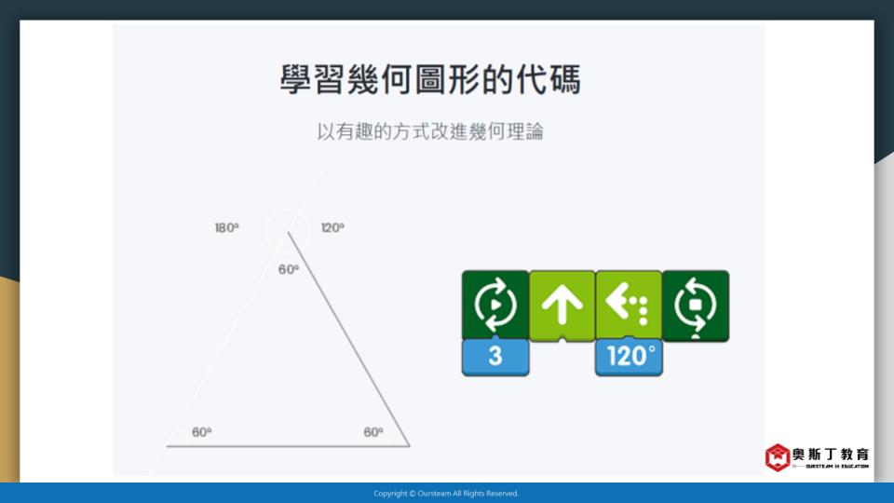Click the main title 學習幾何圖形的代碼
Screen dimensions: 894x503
(x=430, y=79)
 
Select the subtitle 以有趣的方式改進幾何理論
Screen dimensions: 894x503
(x=430, y=131)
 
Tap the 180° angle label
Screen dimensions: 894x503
(x=227, y=227)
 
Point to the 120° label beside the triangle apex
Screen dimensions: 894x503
(x=332, y=227)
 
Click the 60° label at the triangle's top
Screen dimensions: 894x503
(x=289, y=269)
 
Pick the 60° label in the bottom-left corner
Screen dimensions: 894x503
(x=202, y=431)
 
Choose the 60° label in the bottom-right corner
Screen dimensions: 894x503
(x=373, y=431)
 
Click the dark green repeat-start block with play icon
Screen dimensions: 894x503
(x=495, y=306)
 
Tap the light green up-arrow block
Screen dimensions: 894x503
(x=562, y=306)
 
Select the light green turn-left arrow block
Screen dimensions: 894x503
(x=629, y=306)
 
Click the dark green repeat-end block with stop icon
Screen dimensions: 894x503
(x=696, y=306)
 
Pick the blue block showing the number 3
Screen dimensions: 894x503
(x=495, y=357)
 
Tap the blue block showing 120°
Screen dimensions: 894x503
(x=629, y=357)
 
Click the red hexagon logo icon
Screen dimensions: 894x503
(x=777, y=456)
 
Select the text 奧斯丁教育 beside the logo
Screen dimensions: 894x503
(x=831, y=454)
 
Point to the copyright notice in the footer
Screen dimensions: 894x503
(x=446, y=494)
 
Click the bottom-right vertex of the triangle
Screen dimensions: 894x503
(x=410, y=446)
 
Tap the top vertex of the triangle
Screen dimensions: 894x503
(x=289, y=232)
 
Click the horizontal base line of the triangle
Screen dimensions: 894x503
(x=288, y=446)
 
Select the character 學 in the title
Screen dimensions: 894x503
(x=295, y=79)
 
